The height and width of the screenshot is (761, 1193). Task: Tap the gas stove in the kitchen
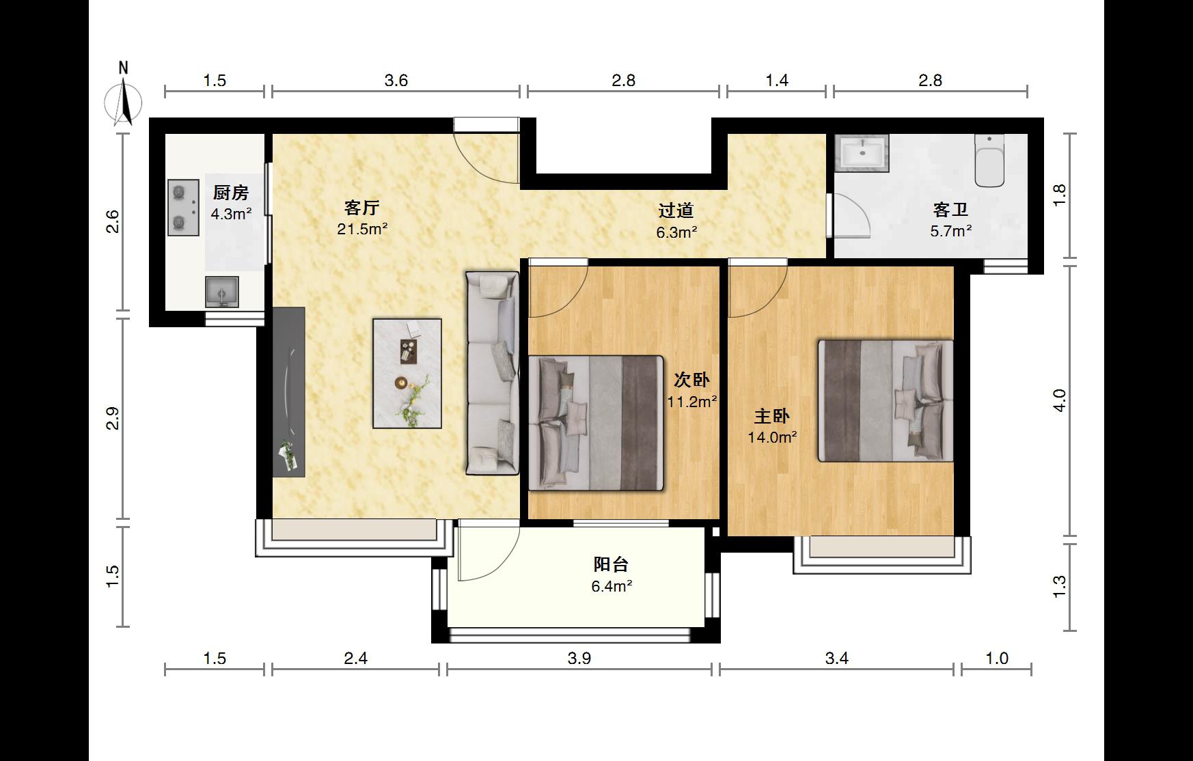(x=183, y=207)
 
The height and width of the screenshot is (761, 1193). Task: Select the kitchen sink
(x=222, y=292)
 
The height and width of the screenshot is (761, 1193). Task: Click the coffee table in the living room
(x=407, y=373)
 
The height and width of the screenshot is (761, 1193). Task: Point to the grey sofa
(x=492, y=373)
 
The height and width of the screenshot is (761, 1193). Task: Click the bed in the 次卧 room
(x=596, y=423)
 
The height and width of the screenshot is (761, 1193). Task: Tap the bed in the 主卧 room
(x=886, y=401)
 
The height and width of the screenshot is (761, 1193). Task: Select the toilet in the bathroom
(x=989, y=161)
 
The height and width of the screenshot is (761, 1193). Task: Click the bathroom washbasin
(x=862, y=152)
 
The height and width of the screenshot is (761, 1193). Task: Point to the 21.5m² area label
(x=362, y=229)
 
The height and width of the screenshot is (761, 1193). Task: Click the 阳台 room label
(x=611, y=564)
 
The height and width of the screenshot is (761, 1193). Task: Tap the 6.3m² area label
(x=676, y=232)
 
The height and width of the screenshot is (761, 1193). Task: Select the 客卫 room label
(x=950, y=210)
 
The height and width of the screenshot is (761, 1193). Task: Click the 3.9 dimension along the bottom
(x=579, y=658)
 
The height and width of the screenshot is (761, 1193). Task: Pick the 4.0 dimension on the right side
(x=1059, y=400)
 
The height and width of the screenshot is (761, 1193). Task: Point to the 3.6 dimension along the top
(x=396, y=81)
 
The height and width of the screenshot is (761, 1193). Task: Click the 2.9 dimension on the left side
(x=113, y=418)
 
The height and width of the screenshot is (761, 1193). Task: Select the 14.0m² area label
(x=772, y=437)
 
